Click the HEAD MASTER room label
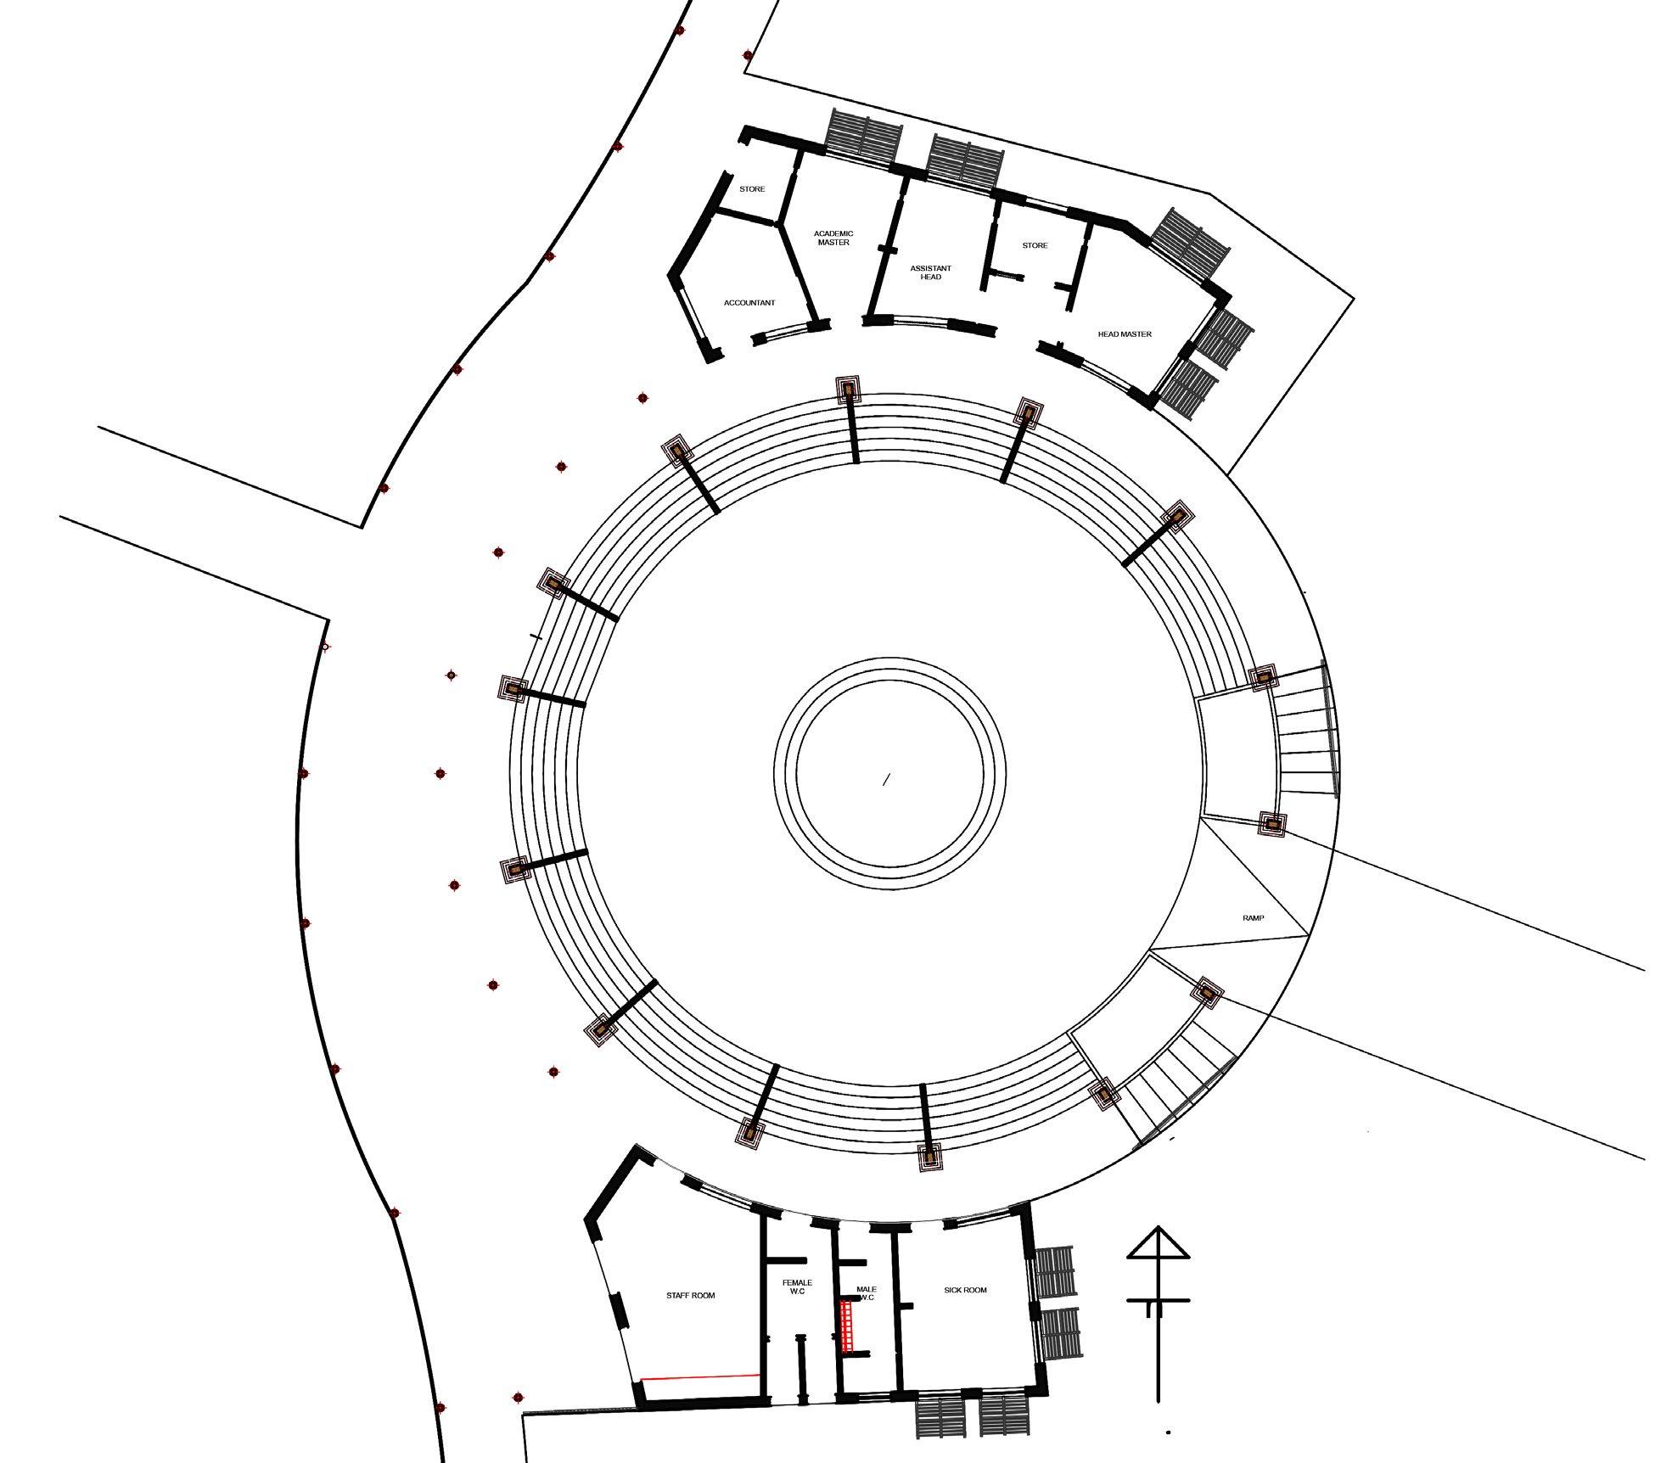[1125, 334]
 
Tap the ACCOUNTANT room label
[749, 303]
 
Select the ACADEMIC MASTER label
[833, 238]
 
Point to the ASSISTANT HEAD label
[930, 272]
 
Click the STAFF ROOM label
[690, 1296]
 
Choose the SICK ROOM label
[965, 1290]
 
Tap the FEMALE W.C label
[797, 1287]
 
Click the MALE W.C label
[867, 1293]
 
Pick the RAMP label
[1253, 918]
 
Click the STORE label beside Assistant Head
[1035, 245]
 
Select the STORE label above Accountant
[752, 189]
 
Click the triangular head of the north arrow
[1159, 1244]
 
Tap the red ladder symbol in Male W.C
[846, 1325]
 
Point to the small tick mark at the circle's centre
[887, 779]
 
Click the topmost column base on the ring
[848, 390]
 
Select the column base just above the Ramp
[1271, 823]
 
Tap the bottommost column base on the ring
[930, 1156]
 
